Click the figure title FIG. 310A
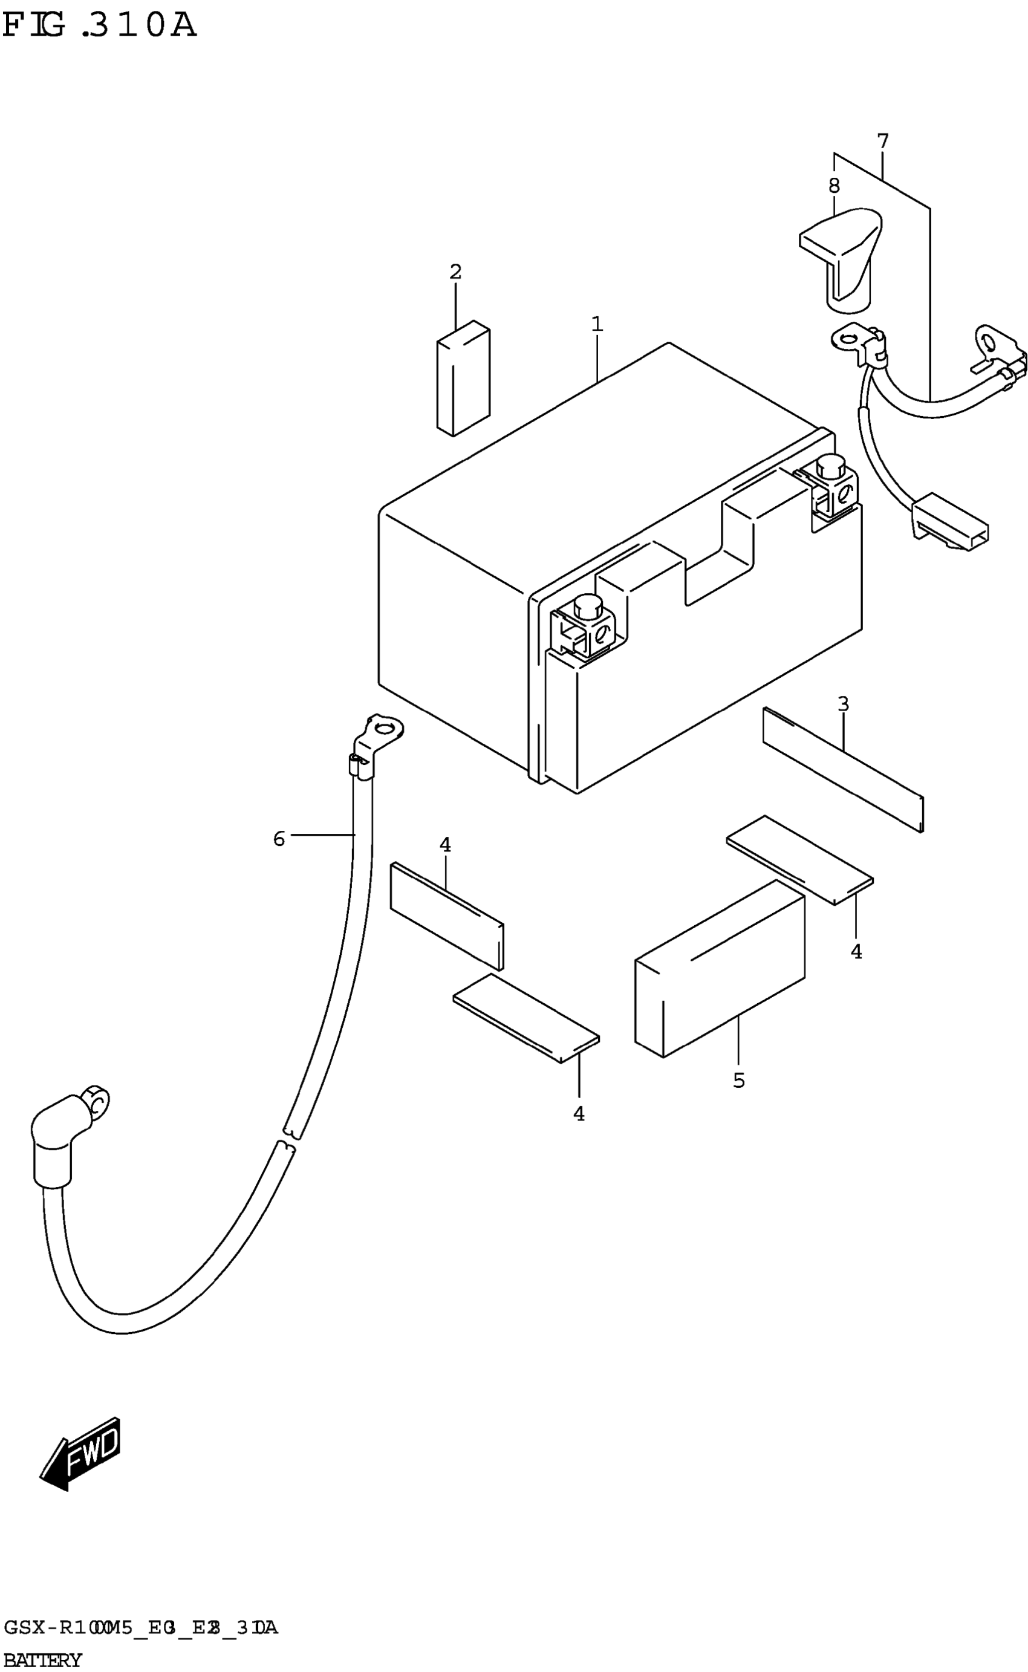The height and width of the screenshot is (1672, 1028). (x=99, y=26)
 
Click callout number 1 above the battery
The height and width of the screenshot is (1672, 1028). (x=597, y=324)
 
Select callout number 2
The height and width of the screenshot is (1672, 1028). (x=455, y=272)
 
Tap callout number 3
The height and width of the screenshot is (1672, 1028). (x=843, y=704)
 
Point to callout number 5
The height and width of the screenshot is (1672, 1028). (x=739, y=1080)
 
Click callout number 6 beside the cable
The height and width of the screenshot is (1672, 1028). (x=279, y=839)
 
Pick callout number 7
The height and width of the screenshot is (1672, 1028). (x=882, y=142)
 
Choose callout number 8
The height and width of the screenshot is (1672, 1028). (x=834, y=185)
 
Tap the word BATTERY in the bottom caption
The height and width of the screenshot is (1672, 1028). (x=42, y=1661)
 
